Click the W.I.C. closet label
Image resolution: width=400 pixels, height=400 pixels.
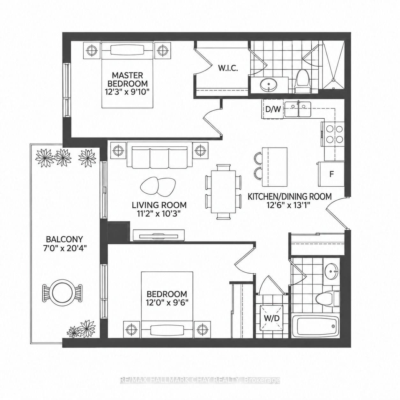[x=228, y=68]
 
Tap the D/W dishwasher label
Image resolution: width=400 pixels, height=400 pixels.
[x=273, y=109]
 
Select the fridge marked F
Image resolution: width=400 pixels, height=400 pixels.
[x=331, y=174]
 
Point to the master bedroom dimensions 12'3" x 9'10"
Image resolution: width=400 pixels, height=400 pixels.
[x=128, y=92]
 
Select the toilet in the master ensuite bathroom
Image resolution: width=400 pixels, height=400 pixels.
[x=302, y=81]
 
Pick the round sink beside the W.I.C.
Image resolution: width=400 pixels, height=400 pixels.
[x=269, y=85]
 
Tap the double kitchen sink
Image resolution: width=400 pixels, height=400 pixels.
[x=298, y=109]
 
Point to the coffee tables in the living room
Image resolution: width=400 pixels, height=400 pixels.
[x=158, y=185]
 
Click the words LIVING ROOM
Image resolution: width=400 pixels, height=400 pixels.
[x=159, y=205]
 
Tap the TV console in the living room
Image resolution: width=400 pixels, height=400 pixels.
[x=159, y=235]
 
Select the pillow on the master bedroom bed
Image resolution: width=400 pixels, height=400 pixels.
[x=127, y=50]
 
